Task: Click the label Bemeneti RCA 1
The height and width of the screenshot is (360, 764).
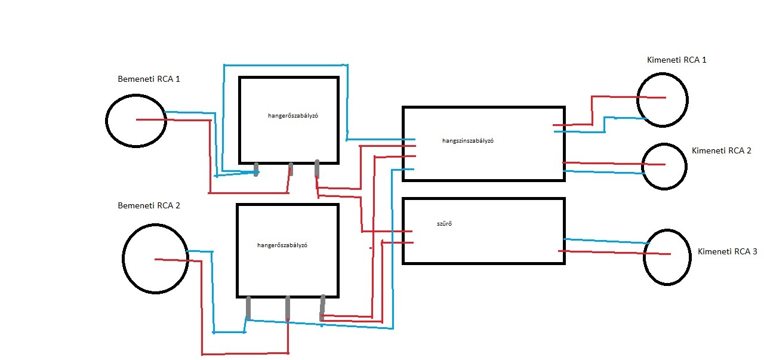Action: tap(149, 79)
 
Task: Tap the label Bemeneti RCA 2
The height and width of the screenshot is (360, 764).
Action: tap(149, 205)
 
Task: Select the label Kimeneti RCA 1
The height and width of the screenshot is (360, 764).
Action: tap(676, 60)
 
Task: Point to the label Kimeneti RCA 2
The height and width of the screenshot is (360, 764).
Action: tap(721, 150)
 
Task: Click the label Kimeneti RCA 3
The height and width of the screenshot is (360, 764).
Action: tap(727, 252)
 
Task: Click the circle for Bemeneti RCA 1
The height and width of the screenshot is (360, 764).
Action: tap(136, 120)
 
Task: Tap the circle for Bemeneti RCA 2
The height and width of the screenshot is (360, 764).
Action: tap(155, 258)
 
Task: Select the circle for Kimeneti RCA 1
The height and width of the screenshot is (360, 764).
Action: tap(662, 99)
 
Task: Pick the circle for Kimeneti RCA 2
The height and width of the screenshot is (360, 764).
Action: tap(664, 166)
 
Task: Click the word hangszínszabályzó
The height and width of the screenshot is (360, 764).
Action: tap(468, 141)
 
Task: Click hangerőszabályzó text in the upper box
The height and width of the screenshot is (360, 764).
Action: tap(293, 116)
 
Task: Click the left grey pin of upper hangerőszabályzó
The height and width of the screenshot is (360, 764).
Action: tap(257, 169)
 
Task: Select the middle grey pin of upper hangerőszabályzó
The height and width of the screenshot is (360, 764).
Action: tap(291, 169)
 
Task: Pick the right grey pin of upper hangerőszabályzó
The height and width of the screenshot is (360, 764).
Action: tap(317, 169)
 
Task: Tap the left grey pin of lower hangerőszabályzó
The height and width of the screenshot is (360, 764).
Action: tap(248, 308)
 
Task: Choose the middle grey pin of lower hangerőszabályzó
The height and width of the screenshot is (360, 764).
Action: tap(288, 308)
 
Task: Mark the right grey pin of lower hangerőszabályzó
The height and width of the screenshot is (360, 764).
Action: tap(323, 307)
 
